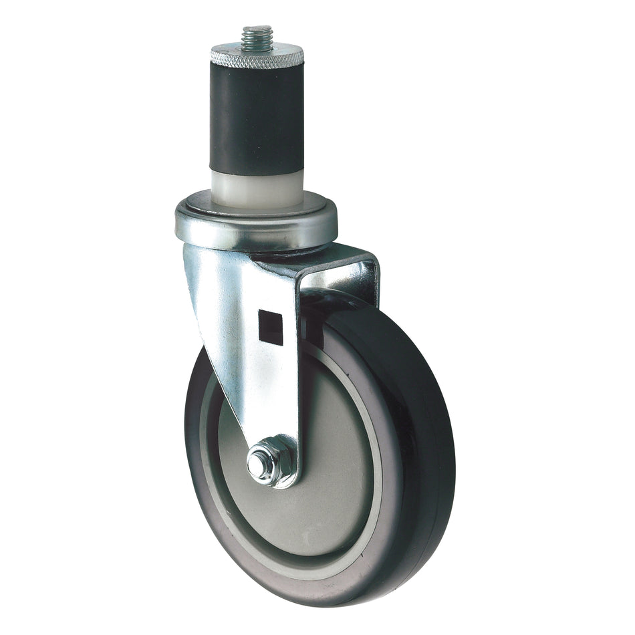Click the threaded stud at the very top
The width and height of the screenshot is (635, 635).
[x=258, y=37]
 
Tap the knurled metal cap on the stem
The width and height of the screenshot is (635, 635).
[x=257, y=57]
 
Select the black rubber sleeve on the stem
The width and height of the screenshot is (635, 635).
[x=257, y=120]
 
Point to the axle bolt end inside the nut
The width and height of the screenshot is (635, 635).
[x=257, y=461]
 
